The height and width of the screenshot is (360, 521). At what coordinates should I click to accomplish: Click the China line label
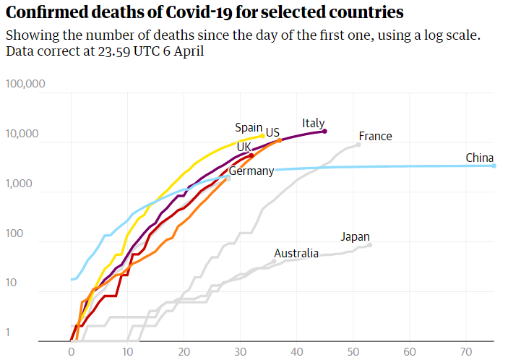point(479,158)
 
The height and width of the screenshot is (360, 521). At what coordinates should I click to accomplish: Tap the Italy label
point(314,123)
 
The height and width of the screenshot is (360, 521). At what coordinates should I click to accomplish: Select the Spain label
point(249,127)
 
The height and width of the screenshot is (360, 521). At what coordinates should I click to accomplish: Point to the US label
point(272,132)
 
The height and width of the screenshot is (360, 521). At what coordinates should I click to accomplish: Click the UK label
point(244,147)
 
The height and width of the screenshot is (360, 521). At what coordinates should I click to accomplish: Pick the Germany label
point(251,171)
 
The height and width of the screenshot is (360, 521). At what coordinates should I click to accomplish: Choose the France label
point(375,136)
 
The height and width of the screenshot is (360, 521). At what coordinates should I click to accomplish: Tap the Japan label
point(355,236)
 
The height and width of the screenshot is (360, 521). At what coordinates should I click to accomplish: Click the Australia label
point(296,253)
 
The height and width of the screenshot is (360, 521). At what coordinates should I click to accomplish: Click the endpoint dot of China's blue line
point(494,166)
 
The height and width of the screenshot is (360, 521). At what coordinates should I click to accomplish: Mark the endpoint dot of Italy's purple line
point(325,131)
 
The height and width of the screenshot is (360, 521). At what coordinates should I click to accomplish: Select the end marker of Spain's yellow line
point(262,135)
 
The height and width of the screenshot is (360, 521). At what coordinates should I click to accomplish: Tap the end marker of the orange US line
point(280,140)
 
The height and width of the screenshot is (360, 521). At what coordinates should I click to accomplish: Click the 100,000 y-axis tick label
point(25,84)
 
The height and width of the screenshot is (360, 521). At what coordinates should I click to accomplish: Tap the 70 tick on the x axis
point(466,350)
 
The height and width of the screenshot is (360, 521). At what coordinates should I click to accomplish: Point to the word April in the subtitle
point(186,52)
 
